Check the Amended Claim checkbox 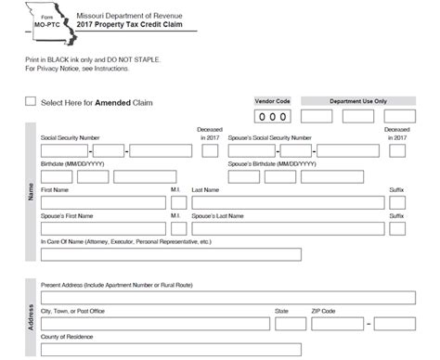tap(32, 102)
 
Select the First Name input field tap(101, 203)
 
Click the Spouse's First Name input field tap(101, 228)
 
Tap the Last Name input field tap(287, 203)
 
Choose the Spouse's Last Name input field tap(287, 228)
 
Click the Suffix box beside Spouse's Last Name tap(396, 228)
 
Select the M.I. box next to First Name tap(176, 203)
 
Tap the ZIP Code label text tap(323, 311)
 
